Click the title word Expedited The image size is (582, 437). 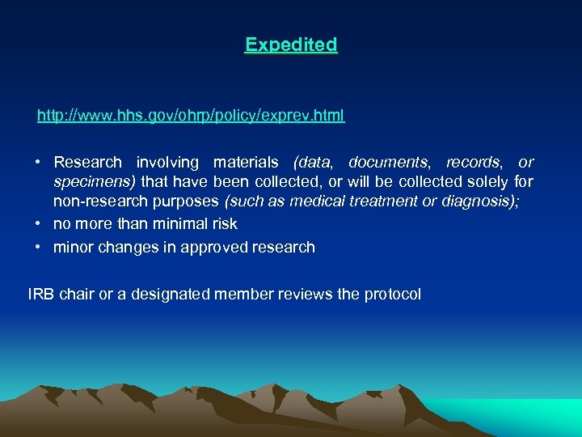click(291, 45)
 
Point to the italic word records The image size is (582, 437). click(473, 163)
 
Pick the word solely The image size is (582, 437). click(484, 181)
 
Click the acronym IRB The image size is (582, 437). click(41, 295)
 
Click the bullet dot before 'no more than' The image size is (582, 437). click(39, 223)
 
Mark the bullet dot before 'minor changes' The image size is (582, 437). click(39, 247)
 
